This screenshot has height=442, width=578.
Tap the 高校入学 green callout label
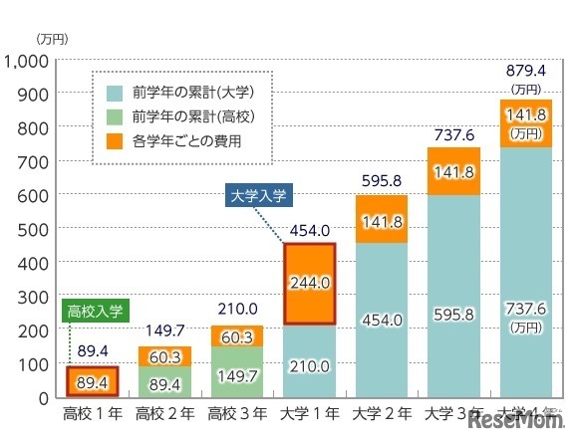[x=95, y=312]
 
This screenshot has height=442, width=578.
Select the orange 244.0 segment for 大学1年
[x=310, y=284]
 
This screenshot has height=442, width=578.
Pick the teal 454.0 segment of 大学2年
[x=382, y=320]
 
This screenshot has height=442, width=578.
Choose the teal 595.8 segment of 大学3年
[x=453, y=296]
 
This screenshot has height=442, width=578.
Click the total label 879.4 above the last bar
[x=525, y=70]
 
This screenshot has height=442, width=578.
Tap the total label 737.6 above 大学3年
[x=453, y=134]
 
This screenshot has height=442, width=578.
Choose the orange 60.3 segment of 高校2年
[x=165, y=355]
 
